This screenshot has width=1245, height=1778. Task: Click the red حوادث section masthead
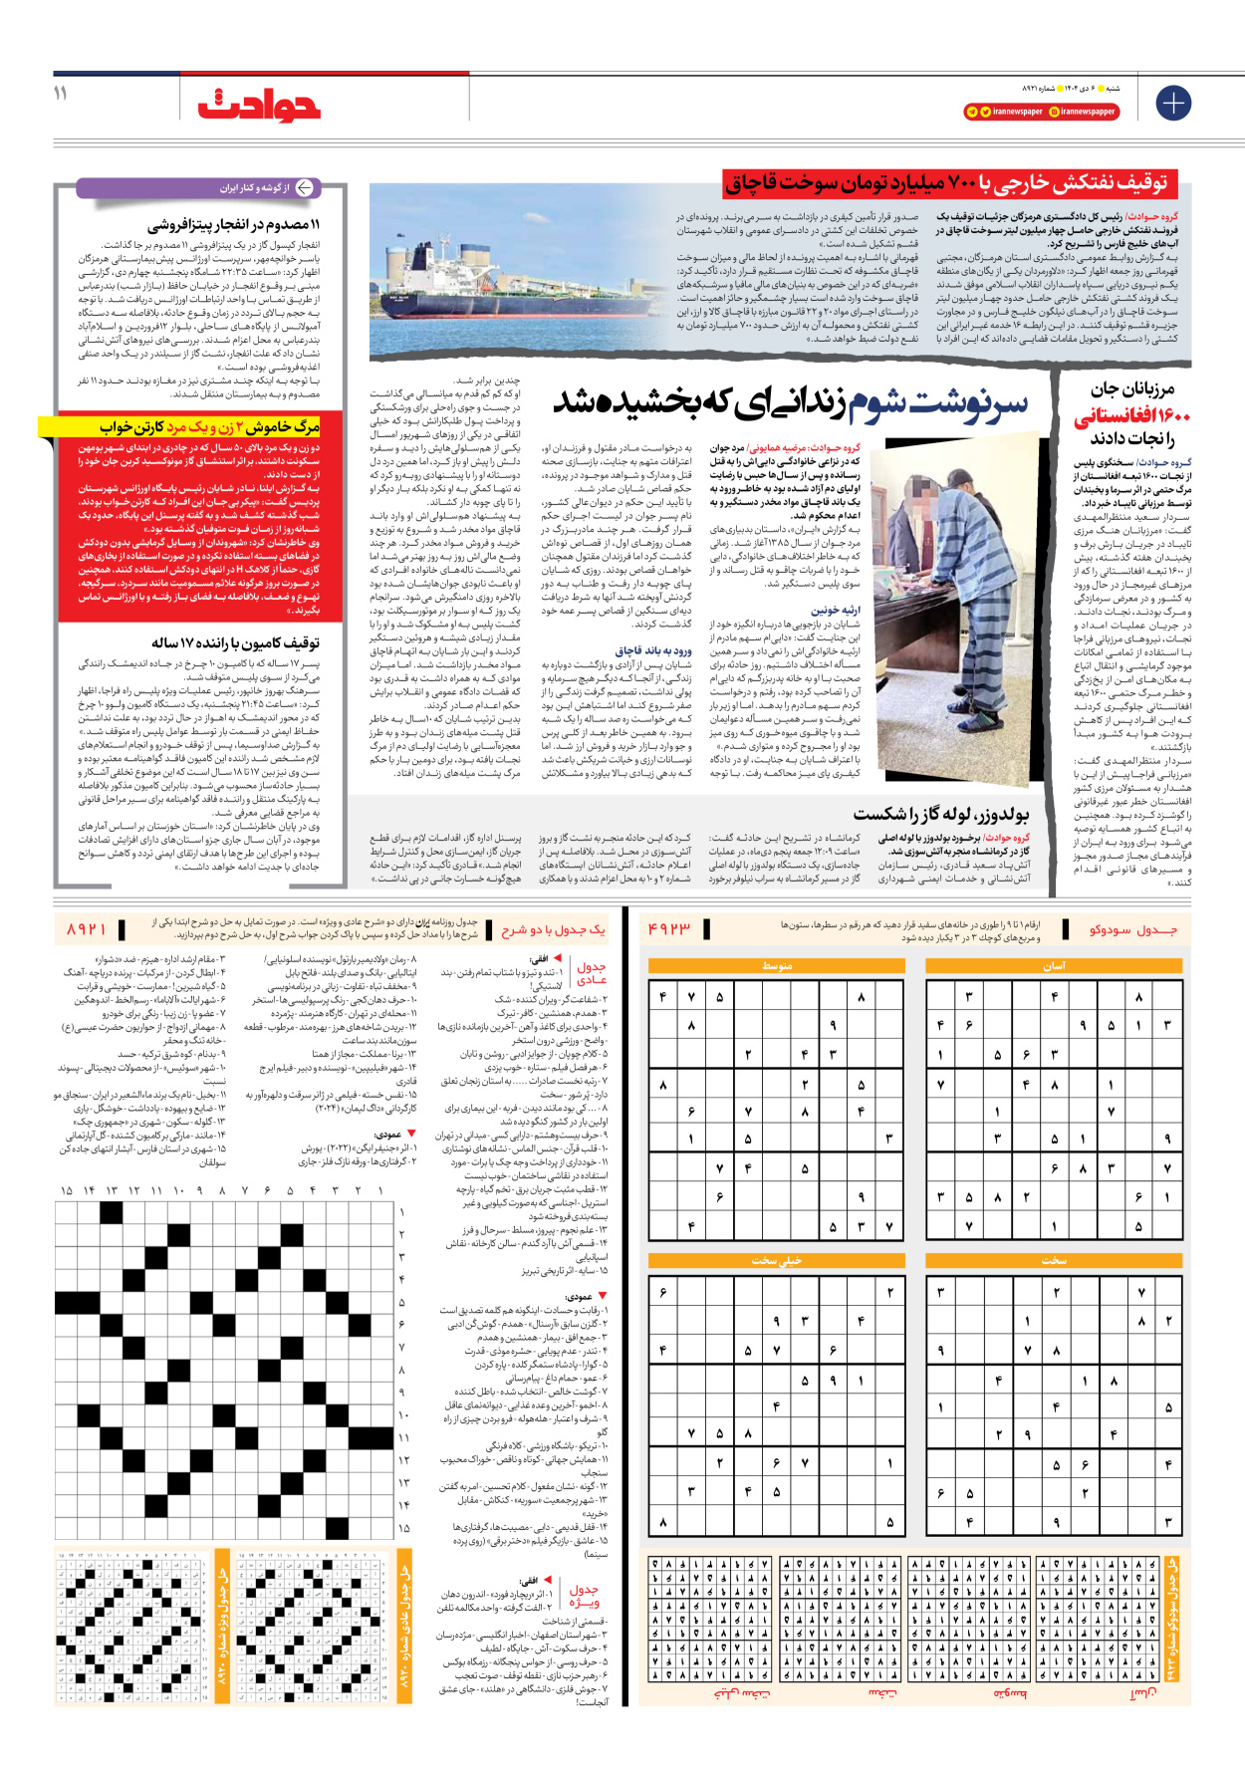click(259, 105)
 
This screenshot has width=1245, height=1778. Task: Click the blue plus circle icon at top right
click(1172, 103)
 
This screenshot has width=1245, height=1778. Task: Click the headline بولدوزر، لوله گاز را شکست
click(940, 814)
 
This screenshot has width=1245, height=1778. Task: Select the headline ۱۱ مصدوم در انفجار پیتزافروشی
click(234, 225)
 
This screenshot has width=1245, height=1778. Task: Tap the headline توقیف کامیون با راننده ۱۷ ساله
click(235, 643)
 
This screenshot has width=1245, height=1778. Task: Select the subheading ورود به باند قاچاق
click(652, 650)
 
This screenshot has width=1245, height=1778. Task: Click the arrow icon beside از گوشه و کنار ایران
click(304, 187)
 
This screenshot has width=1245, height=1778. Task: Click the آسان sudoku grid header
click(1053, 965)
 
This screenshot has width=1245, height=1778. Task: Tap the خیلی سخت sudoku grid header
click(776, 1260)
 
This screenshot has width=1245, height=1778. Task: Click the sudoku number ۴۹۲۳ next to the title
click(669, 928)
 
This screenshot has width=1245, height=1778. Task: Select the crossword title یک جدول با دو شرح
click(553, 928)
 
